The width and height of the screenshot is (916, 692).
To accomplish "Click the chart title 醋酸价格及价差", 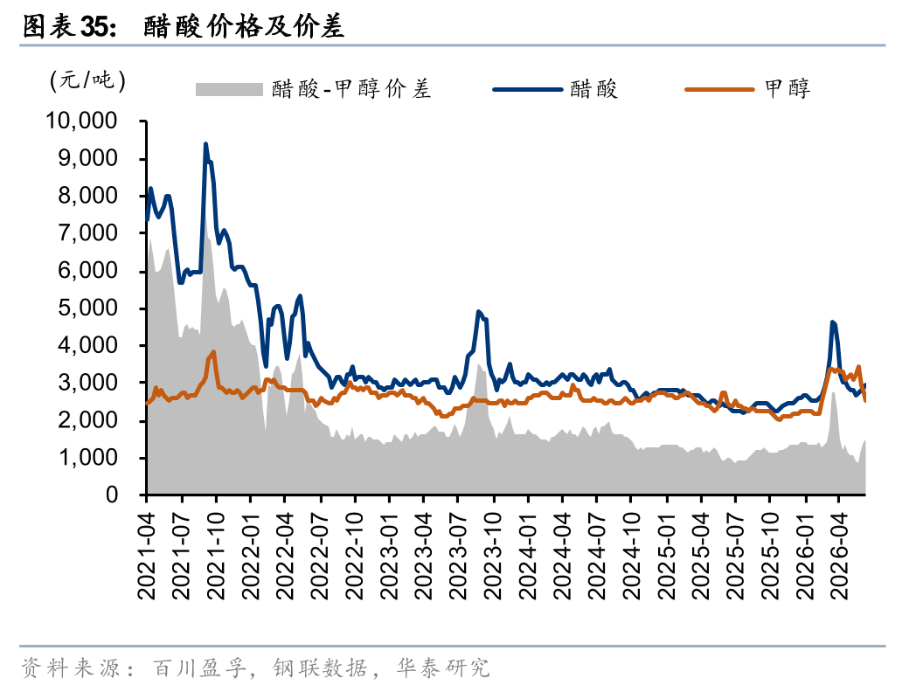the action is pos(244,26).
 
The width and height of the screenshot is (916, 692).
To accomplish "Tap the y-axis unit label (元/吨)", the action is pos(87,80).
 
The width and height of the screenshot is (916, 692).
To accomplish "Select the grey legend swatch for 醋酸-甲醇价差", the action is pos(229,89).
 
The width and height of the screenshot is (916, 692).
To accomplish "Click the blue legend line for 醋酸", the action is pos(527,89).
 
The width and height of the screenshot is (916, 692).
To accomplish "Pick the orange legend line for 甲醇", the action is pos(719,89).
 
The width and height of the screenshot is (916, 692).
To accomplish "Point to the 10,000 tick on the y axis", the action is pos(82,121).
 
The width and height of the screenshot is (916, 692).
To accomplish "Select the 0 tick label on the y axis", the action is pos(112,495).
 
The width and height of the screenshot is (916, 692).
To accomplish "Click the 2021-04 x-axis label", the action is pos(147,556).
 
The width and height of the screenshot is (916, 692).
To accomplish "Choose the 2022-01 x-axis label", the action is pos(251,556).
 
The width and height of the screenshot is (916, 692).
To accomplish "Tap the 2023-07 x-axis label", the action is pos(459,556).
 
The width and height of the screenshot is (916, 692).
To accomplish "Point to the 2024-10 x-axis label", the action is pos(632,556).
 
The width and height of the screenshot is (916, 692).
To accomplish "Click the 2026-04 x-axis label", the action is pos(839,556).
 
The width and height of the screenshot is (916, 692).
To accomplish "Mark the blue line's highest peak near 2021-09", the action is pos(205,143).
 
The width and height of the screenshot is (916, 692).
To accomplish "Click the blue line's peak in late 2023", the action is pos(478,312).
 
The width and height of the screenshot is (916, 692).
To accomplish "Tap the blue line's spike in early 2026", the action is pos(832,322).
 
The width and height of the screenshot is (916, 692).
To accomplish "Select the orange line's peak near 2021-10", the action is pos(214,351).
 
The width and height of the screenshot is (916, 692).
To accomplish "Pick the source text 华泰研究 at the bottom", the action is pos(443,668).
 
